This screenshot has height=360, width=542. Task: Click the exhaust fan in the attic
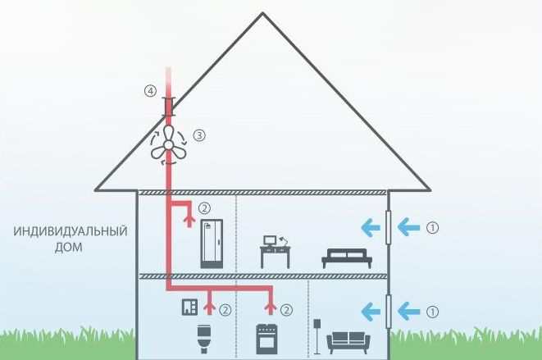pyautogui.click(x=168, y=143)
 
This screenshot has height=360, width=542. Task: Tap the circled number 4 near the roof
pyautogui.click(x=150, y=92)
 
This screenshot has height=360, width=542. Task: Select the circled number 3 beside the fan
pyautogui.click(x=198, y=134)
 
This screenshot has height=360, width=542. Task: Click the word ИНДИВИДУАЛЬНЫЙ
pyautogui.click(x=71, y=231)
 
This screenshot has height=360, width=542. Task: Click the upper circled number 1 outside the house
pyautogui.click(x=434, y=227)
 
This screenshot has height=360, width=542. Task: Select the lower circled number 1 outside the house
pyautogui.click(x=434, y=311)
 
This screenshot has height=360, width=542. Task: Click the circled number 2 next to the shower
pyautogui.click(x=204, y=208)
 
